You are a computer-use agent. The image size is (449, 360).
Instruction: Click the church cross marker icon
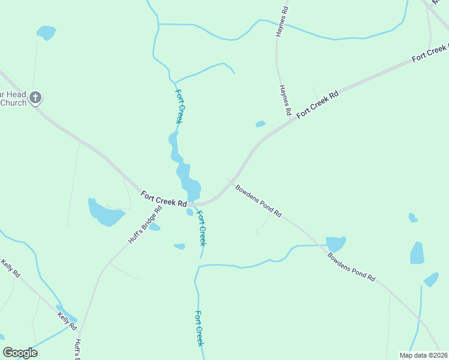point(35,97)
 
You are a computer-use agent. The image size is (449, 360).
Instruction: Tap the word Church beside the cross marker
point(13,103)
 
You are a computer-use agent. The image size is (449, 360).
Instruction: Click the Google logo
point(20,353)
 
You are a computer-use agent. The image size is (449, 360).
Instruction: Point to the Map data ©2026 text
point(423,355)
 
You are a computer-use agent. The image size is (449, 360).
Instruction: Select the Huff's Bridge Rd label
point(145,225)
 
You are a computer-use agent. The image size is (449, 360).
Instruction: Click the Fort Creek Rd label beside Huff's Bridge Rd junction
point(164,199)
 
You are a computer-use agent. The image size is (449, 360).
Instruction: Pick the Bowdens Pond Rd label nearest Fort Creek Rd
point(259,200)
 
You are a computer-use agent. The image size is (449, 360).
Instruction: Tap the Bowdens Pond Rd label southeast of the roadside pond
point(351,267)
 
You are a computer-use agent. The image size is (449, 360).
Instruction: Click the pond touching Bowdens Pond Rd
point(336,243)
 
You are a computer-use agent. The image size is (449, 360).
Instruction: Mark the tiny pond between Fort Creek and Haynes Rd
point(260,124)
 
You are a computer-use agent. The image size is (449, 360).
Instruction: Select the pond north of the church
point(46,32)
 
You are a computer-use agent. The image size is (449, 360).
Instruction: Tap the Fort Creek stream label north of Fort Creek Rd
point(179,106)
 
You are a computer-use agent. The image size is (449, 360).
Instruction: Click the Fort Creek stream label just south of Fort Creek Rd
point(202,228)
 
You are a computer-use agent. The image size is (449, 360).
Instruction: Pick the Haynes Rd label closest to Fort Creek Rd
point(285,100)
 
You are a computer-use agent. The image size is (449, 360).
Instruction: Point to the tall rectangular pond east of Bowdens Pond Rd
point(417,253)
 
